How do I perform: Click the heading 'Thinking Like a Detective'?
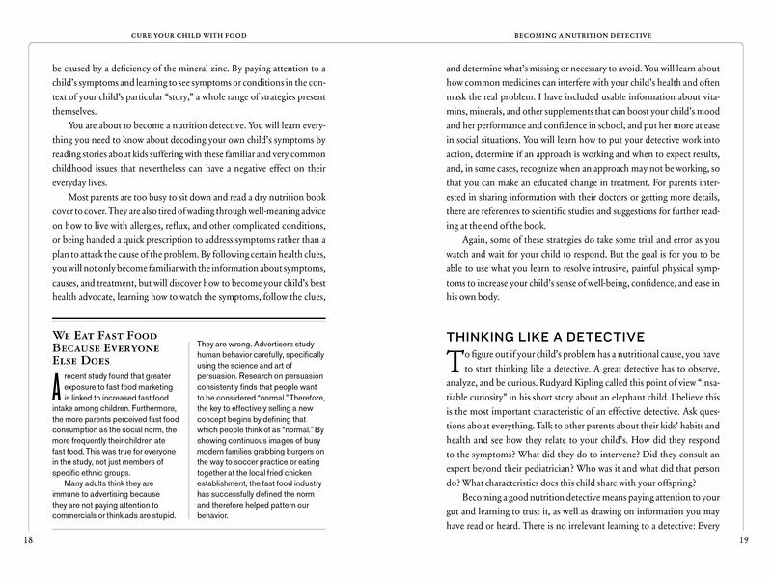542,338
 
